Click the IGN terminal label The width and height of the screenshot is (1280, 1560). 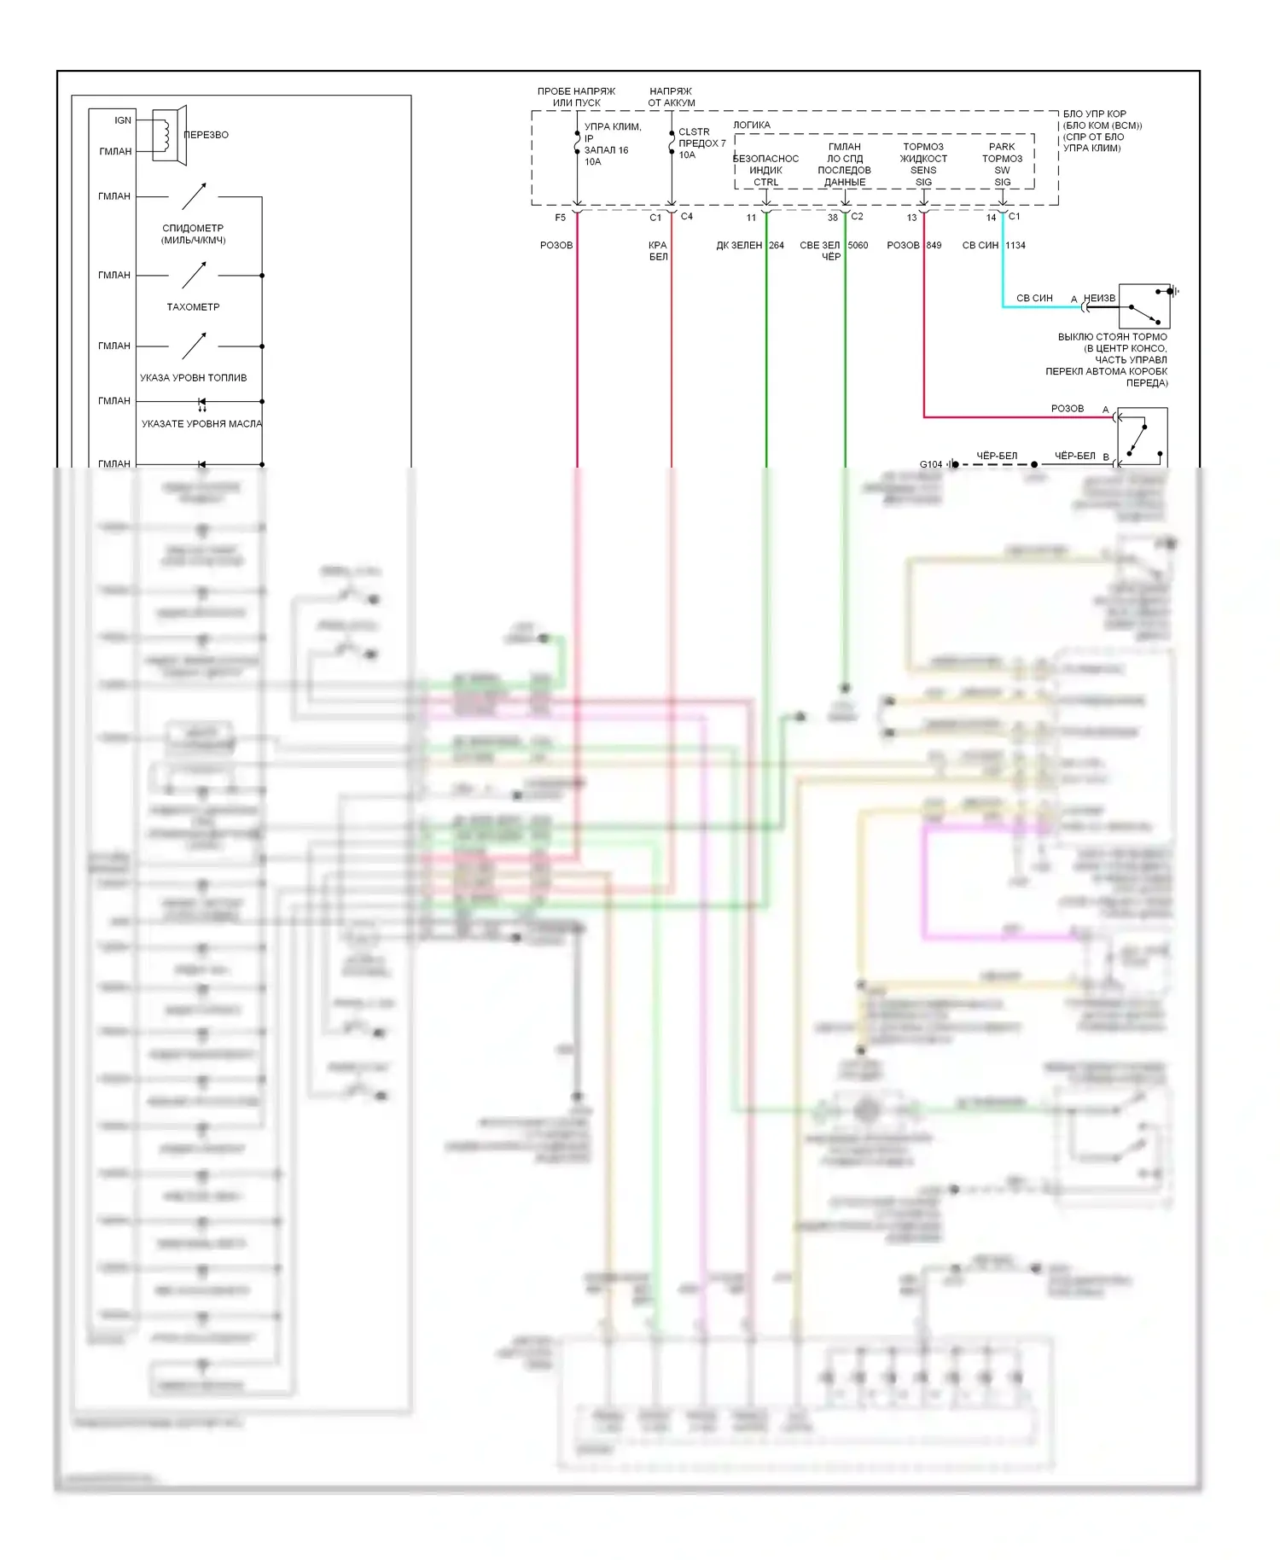123,120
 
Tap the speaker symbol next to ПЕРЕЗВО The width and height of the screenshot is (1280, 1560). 169,135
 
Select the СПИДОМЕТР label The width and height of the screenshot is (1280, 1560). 193,229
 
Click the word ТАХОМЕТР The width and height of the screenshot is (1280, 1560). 193,307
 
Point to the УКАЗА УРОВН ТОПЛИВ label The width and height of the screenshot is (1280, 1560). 194,378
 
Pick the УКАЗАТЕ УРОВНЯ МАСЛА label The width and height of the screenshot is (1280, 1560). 201,424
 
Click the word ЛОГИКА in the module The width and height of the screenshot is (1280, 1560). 752,125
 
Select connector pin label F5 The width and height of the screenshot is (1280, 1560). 561,218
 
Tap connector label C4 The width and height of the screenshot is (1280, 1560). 687,217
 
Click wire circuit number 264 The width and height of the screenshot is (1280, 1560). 777,246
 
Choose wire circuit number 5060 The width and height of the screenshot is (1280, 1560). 858,246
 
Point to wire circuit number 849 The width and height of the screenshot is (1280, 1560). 934,246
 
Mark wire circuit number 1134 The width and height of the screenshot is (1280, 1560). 1015,246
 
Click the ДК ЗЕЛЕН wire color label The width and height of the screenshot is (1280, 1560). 739,246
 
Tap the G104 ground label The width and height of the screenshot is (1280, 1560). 931,465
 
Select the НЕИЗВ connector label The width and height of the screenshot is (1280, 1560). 1099,299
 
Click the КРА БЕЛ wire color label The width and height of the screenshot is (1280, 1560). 658,251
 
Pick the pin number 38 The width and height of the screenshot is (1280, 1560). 833,218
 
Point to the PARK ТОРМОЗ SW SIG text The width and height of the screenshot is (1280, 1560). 1002,165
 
